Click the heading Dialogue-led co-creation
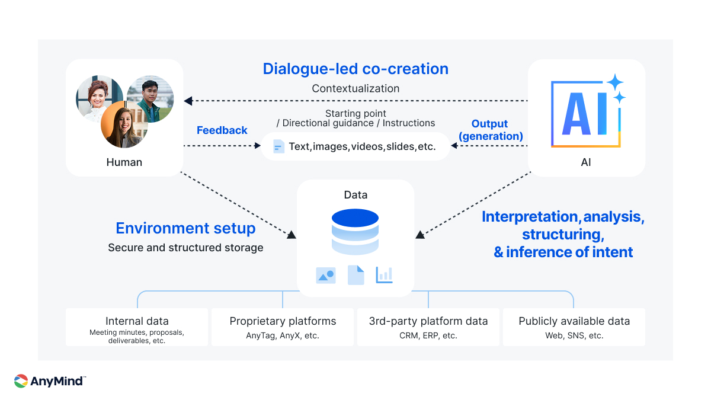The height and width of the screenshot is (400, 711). click(355, 69)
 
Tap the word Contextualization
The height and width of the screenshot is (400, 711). click(355, 88)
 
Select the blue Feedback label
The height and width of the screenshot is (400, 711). click(222, 130)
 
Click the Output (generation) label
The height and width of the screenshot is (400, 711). click(489, 130)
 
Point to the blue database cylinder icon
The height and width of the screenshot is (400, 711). click(355, 232)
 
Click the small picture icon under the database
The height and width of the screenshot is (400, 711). click(326, 275)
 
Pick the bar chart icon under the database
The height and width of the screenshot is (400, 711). click(384, 275)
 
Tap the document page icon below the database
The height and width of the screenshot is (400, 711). click(355, 275)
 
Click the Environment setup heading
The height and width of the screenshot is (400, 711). click(185, 228)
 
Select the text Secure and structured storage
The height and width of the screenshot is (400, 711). click(185, 248)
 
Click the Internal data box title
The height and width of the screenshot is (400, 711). click(137, 321)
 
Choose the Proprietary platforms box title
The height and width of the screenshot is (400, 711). click(283, 321)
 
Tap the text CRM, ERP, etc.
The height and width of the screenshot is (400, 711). click(428, 335)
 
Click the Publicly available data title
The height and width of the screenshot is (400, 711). click(574, 321)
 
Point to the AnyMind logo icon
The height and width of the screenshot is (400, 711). click(21, 381)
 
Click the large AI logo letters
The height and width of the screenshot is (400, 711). click(584, 114)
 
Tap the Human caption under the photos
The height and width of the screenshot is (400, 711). click(124, 162)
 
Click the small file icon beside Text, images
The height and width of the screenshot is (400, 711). click(278, 146)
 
